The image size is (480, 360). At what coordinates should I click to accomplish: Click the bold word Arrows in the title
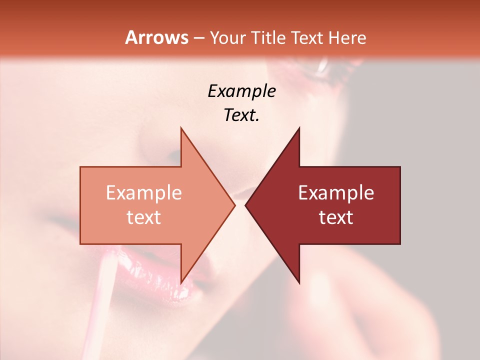(157, 37)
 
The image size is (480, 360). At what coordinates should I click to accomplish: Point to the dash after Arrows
(199, 38)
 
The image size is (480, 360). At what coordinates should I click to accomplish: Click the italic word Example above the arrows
(241, 91)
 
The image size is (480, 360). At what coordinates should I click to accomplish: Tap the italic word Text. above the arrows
(241, 115)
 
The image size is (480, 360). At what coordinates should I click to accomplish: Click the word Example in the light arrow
(144, 193)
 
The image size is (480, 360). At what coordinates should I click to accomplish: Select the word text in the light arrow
(144, 217)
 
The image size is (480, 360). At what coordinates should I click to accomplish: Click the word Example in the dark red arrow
(336, 193)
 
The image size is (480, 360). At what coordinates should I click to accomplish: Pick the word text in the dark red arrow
(336, 217)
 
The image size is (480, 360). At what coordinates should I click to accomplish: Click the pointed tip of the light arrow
(234, 205)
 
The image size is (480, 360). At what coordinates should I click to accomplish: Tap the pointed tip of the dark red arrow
(245, 205)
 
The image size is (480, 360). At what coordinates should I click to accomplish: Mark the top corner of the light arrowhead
(181, 128)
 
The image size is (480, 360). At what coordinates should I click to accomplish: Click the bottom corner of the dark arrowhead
(299, 283)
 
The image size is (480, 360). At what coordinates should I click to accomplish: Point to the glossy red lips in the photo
(170, 270)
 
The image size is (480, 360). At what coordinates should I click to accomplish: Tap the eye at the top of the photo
(325, 67)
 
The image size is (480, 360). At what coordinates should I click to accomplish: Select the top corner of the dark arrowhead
(299, 128)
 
